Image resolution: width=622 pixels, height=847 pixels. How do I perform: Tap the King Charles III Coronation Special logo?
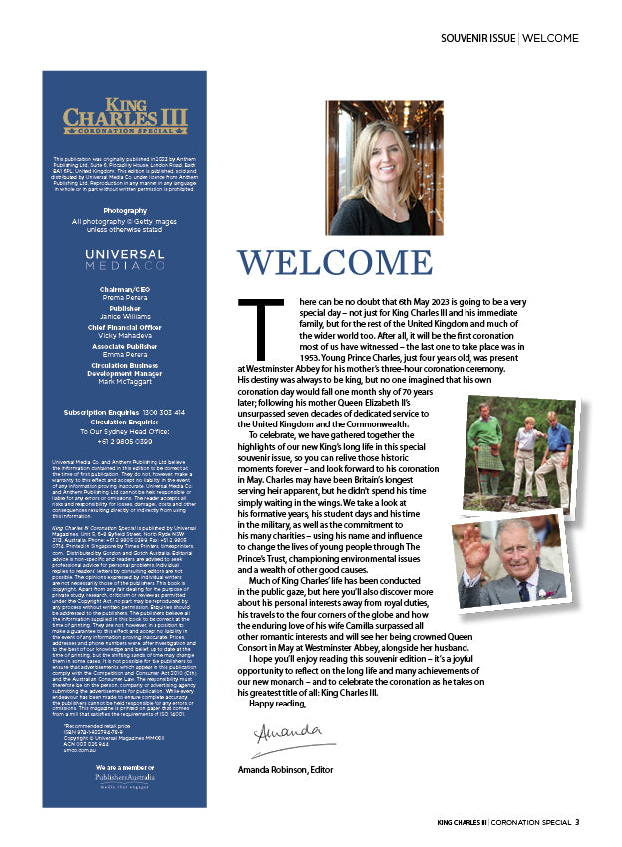tap(125, 116)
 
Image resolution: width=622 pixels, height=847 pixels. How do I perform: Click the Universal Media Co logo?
tap(125, 260)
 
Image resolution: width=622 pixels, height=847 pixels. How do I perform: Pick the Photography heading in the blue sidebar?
tap(125, 211)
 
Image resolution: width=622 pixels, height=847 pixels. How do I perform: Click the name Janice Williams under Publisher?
tap(125, 317)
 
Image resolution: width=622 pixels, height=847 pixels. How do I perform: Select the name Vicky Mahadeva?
tap(125, 336)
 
